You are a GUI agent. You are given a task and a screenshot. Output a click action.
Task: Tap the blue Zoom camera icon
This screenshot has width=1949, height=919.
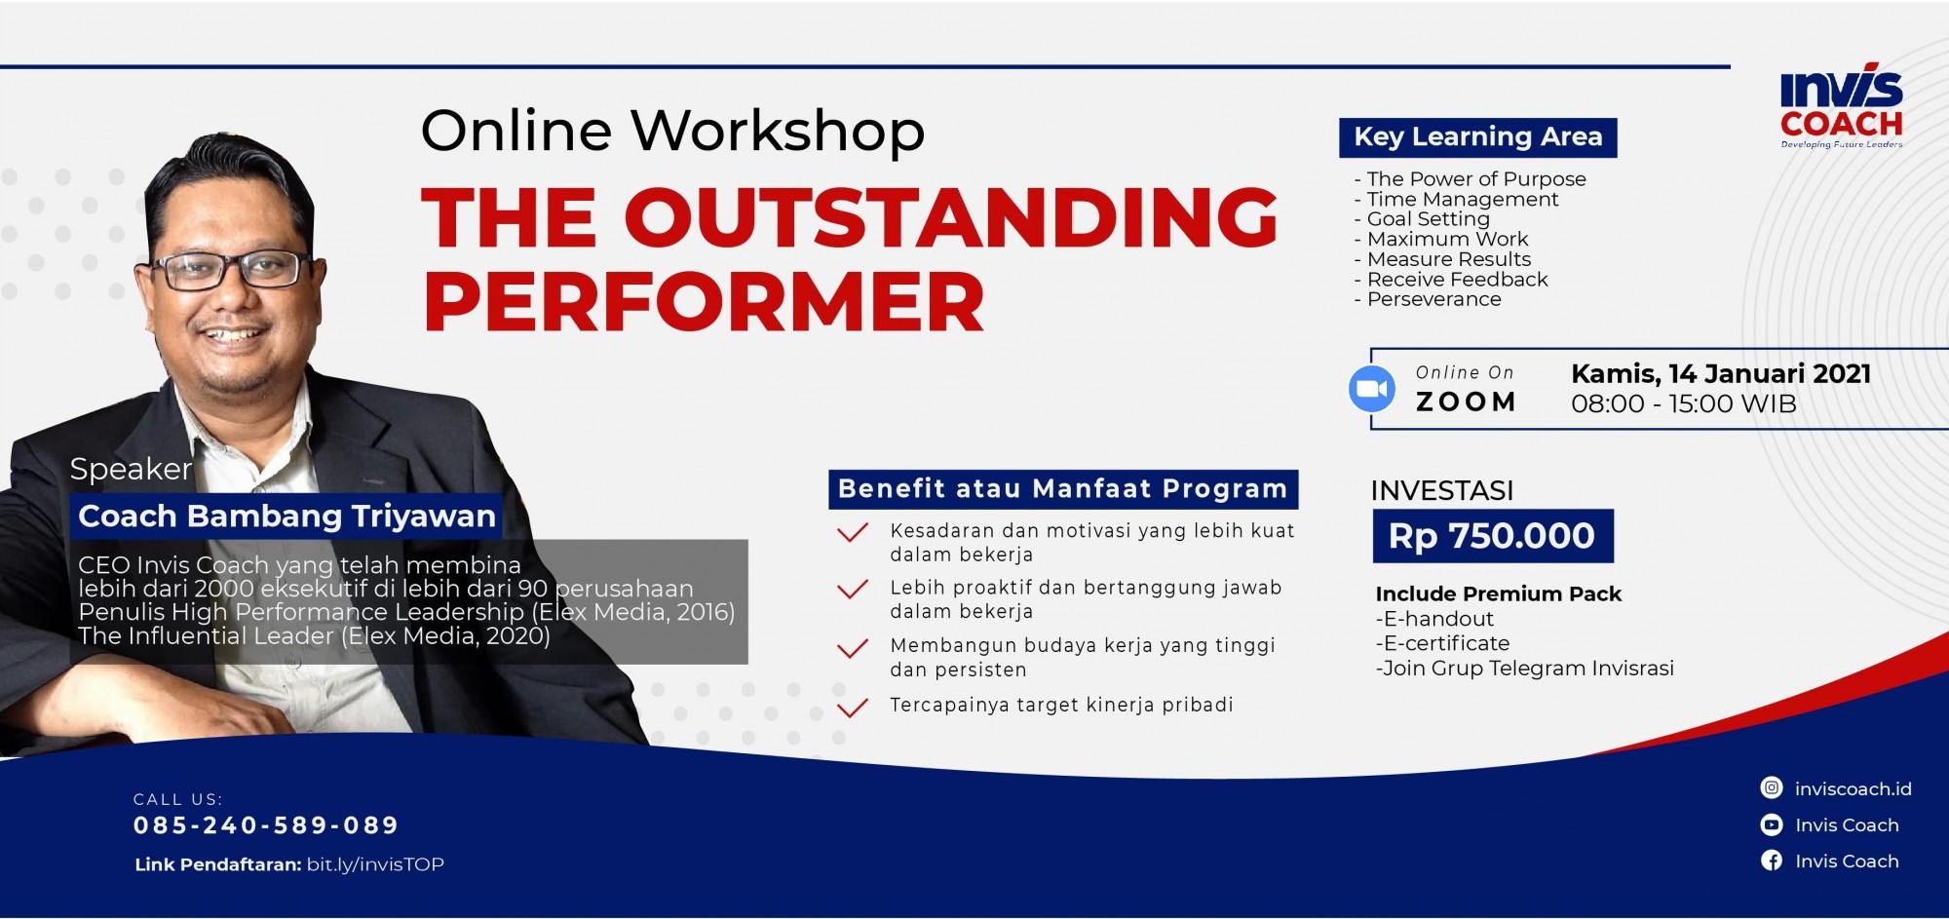[1372, 389]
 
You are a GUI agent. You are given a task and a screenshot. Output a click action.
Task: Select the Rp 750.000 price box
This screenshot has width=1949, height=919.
[1493, 536]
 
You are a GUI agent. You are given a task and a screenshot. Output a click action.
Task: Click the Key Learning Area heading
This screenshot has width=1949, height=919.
[1478, 137]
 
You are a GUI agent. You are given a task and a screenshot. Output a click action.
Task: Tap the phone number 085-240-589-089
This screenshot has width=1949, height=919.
[266, 825]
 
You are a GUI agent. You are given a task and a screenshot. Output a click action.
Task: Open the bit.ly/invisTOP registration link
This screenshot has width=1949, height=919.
[375, 864]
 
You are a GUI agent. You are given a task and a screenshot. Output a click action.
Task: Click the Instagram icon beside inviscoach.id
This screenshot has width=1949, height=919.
[1772, 788]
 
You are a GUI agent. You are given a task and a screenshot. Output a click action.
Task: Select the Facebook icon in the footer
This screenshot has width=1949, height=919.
[1772, 861]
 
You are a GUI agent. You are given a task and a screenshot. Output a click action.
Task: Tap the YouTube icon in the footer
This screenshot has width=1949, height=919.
[1772, 824]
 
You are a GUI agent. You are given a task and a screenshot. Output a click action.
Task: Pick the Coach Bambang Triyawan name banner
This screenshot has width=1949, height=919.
[287, 516]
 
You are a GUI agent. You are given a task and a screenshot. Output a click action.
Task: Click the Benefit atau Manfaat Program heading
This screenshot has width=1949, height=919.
[1063, 489]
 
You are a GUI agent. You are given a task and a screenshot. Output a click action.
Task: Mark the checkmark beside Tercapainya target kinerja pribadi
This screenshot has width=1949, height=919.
[852, 707]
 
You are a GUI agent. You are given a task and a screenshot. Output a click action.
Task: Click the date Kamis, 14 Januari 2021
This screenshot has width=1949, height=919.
[1721, 374]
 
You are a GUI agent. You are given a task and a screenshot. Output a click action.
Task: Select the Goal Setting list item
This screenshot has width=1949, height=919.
[1422, 220]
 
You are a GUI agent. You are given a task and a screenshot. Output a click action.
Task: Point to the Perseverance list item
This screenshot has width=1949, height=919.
[1428, 299]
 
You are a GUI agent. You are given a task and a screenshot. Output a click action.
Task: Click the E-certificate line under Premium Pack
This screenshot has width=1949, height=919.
[1442, 643]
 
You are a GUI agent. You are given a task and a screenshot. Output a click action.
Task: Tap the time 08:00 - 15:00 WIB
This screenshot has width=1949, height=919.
[1684, 404]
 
